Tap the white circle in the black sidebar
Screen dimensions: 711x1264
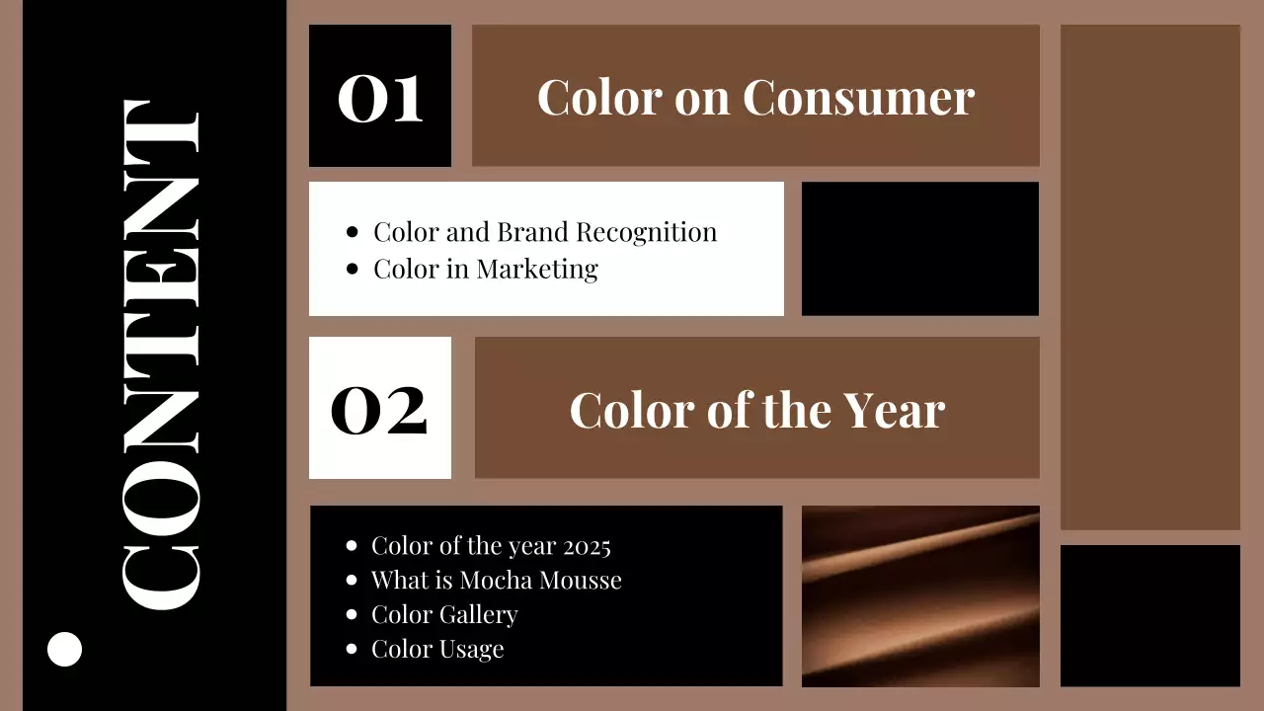click(65, 649)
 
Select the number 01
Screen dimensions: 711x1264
click(380, 98)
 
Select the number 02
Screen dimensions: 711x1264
click(379, 410)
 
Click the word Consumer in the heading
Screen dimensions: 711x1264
click(858, 97)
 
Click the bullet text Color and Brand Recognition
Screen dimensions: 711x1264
click(544, 233)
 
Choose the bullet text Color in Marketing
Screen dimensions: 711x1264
click(485, 269)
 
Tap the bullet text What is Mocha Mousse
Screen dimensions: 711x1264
click(496, 580)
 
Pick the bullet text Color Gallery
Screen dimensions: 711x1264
click(443, 614)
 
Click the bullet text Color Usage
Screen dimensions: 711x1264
click(436, 649)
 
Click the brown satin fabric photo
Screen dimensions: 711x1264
click(920, 595)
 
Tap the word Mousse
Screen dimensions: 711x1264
click(582, 580)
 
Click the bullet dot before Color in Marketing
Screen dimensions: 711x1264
click(353, 269)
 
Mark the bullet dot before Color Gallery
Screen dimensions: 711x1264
click(352, 614)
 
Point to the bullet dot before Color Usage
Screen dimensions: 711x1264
click(352, 649)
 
